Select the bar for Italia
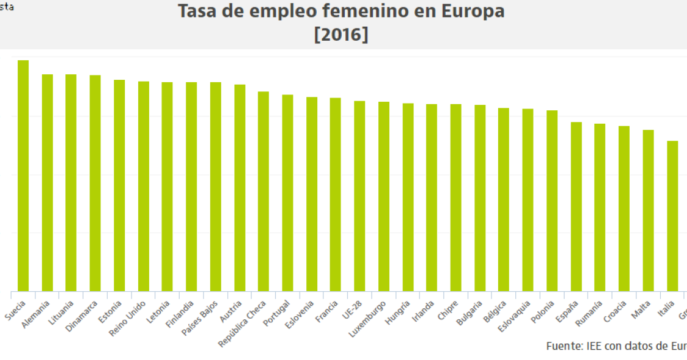point(672,216)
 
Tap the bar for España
point(576,206)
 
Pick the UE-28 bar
point(359,196)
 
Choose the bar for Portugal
point(287,192)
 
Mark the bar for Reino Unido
point(144,186)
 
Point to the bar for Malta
point(648,210)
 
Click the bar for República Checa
point(263,191)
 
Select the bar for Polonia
point(552,200)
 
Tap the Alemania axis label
point(36,314)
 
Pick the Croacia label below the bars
point(616,311)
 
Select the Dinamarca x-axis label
point(82,316)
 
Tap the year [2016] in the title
point(341,35)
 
